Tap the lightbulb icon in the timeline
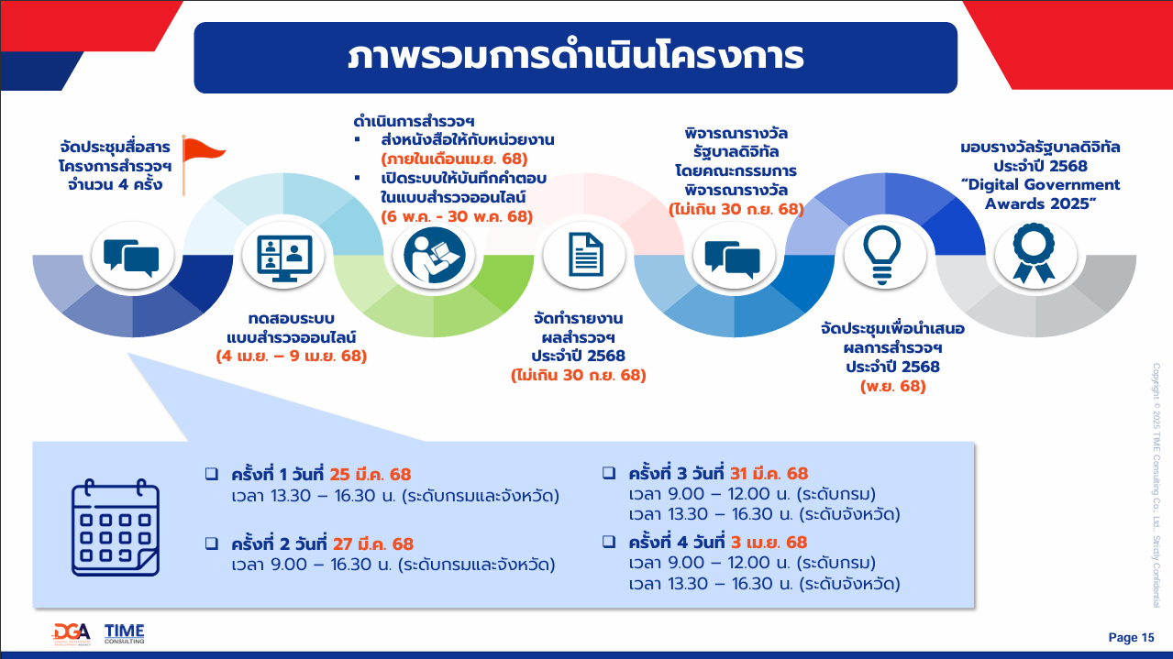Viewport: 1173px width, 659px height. pyautogui.click(x=882, y=256)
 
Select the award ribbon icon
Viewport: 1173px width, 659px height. pyautogui.click(x=1035, y=254)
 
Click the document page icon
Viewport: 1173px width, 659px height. pyautogui.click(x=585, y=255)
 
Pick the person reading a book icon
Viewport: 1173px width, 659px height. pyautogui.click(x=434, y=255)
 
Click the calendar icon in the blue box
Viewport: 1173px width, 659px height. pyautogui.click(x=116, y=527)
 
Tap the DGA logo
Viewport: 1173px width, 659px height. pyautogui.click(x=72, y=634)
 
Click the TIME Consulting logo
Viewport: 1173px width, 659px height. pyautogui.click(x=124, y=634)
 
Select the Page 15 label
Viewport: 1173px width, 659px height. pyautogui.click(x=1131, y=637)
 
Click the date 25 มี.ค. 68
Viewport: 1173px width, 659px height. pyautogui.click(x=371, y=474)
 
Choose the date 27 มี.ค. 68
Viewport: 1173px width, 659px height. pyautogui.click(x=373, y=544)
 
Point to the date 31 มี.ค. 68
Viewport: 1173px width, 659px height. pyautogui.click(x=769, y=473)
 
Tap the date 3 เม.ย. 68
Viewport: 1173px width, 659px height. pyautogui.click(x=769, y=542)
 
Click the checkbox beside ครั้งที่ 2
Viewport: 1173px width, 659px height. pyautogui.click(x=212, y=544)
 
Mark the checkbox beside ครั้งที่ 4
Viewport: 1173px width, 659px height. pyautogui.click(x=609, y=542)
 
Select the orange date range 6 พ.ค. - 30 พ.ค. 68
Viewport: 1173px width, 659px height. pyautogui.click(x=457, y=216)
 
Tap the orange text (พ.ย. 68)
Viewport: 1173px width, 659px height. pyautogui.click(x=893, y=386)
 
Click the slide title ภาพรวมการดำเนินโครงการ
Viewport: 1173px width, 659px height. pyautogui.click(x=576, y=57)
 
